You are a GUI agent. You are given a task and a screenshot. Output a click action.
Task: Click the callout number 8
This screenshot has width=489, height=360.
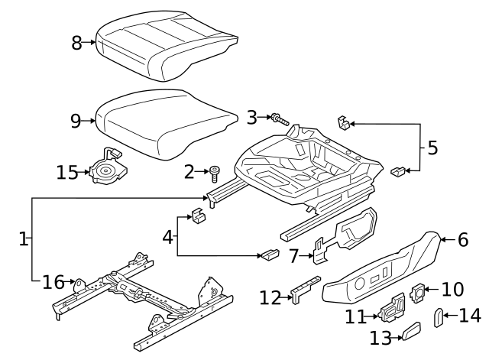point(76,43)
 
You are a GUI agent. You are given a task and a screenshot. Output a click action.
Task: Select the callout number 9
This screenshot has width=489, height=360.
point(75,121)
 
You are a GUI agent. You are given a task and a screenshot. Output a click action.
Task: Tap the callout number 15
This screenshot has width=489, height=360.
point(67,172)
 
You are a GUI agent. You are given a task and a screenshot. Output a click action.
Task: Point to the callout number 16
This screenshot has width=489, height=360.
point(53,283)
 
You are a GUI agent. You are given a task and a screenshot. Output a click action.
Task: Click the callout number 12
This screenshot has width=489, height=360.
point(270,297)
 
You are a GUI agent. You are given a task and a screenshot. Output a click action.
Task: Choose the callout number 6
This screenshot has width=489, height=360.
point(462,239)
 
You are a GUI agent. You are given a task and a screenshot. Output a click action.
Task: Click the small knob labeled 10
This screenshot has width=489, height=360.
point(419,291)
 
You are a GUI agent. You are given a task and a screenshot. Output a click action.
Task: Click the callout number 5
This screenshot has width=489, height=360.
point(432,148)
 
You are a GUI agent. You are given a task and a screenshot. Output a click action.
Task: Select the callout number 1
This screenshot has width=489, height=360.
point(23,239)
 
